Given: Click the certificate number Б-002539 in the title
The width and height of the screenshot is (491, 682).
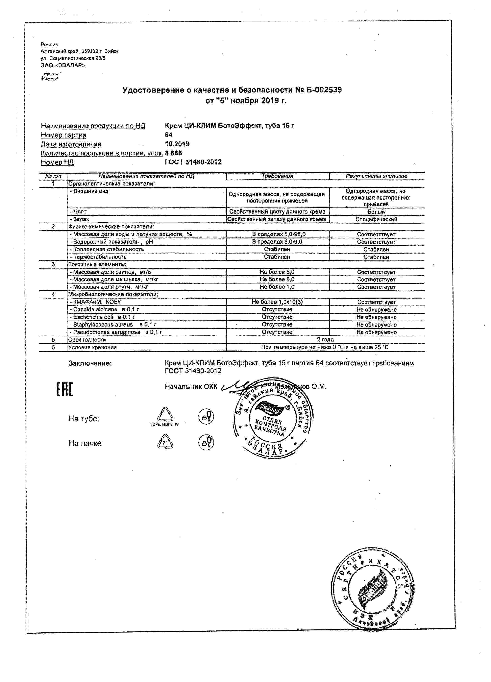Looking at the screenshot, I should coord(323,90).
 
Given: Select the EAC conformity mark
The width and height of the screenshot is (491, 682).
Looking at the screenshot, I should coord(65,389).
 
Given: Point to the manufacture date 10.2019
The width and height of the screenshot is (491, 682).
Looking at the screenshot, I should coord(177,144).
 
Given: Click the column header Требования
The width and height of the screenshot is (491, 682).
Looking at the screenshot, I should coord(277,176).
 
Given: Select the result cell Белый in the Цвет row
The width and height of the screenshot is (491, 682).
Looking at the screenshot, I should coord(376,212).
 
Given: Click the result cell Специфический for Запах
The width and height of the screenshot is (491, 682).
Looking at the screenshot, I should coord(376,219).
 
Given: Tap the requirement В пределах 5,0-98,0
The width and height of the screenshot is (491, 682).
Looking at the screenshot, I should coord(277,234).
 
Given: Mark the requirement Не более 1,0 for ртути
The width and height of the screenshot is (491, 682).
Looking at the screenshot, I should coord(277,287).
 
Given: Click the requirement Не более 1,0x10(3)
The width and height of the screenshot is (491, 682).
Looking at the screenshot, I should coord(277,302).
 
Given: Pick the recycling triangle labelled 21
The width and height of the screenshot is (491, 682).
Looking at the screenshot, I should coord(165,442).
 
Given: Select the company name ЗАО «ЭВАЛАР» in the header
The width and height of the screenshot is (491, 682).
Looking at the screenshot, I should coord(63,65).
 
